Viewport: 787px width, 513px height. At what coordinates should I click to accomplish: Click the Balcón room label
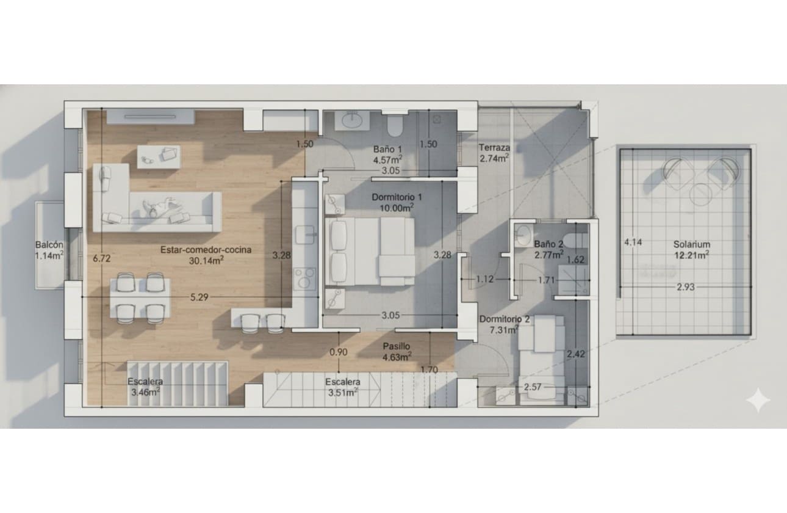(49, 244)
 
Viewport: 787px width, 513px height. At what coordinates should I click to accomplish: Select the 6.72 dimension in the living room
(101, 258)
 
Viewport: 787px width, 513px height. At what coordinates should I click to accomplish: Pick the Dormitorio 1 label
(397, 197)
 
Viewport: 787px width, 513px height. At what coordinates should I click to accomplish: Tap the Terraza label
(494, 147)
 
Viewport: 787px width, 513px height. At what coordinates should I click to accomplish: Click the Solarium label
(692, 244)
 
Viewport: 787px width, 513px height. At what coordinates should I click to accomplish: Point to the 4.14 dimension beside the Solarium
(633, 242)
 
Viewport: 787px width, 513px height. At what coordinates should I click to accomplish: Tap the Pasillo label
(397, 346)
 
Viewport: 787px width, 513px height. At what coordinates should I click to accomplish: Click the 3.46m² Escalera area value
(145, 392)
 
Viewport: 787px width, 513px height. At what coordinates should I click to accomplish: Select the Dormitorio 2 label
(504, 319)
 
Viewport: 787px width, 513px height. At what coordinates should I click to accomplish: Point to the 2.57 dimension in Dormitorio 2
(533, 387)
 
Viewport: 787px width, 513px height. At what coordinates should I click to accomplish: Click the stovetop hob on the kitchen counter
(304, 278)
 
